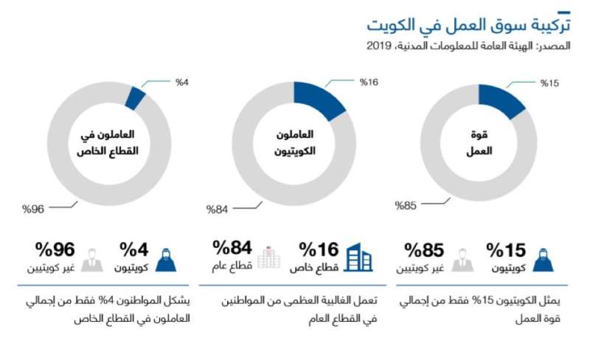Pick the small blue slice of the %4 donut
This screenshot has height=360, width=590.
(135, 97)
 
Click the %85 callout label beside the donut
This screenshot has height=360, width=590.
(406, 204)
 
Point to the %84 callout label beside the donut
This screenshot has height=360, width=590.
(218, 210)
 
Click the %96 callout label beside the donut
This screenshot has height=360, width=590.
(34, 210)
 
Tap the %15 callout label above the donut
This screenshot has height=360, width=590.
(549, 83)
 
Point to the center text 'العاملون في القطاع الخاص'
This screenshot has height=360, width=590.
(112, 143)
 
